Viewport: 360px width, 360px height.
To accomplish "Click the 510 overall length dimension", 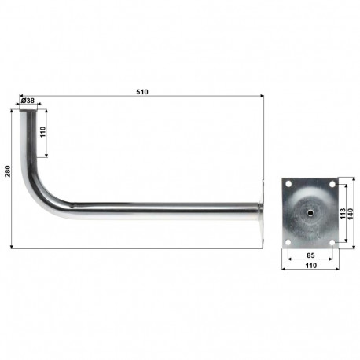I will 141,92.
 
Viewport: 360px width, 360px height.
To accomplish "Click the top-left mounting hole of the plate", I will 289,186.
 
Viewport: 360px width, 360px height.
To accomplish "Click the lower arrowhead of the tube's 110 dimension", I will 47,155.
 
